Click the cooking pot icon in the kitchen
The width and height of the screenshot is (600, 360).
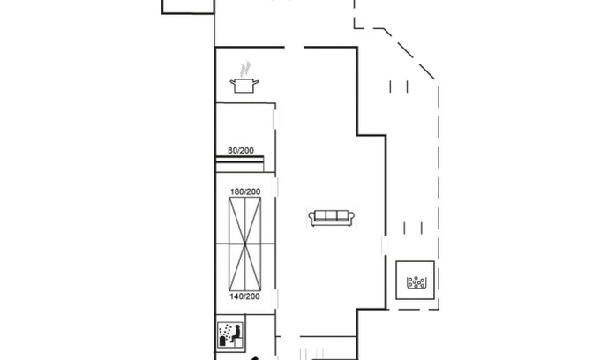coord(244,85)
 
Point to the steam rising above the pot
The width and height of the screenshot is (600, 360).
coord(245,69)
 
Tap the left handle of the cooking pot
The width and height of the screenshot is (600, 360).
coord(232,81)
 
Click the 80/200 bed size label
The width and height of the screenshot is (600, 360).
coord(241,150)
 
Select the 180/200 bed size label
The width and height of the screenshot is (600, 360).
coord(245,191)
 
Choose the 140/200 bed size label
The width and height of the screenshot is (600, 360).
coord(245,296)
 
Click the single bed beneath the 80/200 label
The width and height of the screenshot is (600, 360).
coord(239,164)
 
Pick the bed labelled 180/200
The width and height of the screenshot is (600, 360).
coord(245,221)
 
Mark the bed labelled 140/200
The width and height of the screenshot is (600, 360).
coord(245,267)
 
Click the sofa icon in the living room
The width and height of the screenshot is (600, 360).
coord(332,218)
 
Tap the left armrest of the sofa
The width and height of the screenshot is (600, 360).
coord(311,219)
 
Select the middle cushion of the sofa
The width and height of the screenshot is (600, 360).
coord(332,216)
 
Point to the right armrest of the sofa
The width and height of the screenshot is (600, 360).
coord(351,219)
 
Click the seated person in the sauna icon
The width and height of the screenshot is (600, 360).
coord(236,334)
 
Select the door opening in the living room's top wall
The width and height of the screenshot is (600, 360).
coord(294,48)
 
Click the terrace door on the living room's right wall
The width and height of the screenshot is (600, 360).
coord(385,245)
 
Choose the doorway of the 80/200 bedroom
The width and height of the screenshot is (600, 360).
coord(275,120)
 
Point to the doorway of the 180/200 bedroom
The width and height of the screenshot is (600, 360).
coord(275,187)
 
